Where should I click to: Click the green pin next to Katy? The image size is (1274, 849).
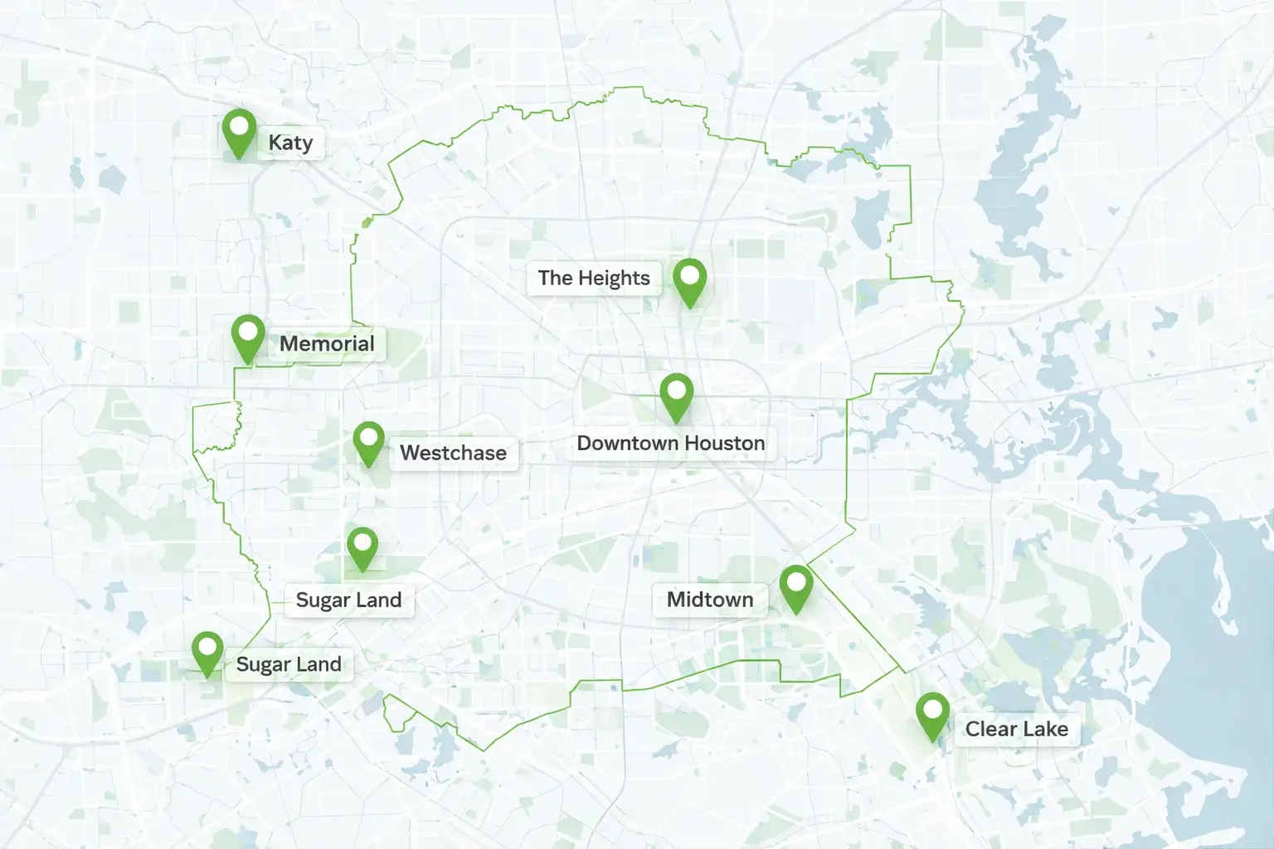[x=239, y=130]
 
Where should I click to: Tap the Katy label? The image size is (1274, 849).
[x=290, y=143]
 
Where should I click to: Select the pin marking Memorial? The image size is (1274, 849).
[x=247, y=336]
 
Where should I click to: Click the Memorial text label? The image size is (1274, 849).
[x=327, y=343]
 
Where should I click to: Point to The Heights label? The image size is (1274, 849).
[x=594, y=278]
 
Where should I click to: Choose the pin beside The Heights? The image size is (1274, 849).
[x=689, y=279]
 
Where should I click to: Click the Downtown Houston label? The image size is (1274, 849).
[x=670, y=444]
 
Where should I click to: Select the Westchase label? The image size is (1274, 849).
[x=453, y=453]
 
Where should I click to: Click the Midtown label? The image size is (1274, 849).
[x=710, y=599]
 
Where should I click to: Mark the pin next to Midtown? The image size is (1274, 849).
[x=795, y=586]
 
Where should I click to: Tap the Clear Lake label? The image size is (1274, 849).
[x=1016, y=730]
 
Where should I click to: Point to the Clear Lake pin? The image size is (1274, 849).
[x=932, y=714]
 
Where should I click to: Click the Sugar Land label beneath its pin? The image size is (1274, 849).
[x=348, y=600]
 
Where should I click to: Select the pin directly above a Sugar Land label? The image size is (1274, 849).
[x=362, y=546]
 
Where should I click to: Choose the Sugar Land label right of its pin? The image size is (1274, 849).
[x=289, y=664]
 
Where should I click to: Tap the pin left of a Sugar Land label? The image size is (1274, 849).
[x=207, y=652]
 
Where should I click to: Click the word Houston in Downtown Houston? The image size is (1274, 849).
[x=723, y=444]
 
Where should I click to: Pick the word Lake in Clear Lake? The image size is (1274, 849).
[x=1045, y=730]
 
